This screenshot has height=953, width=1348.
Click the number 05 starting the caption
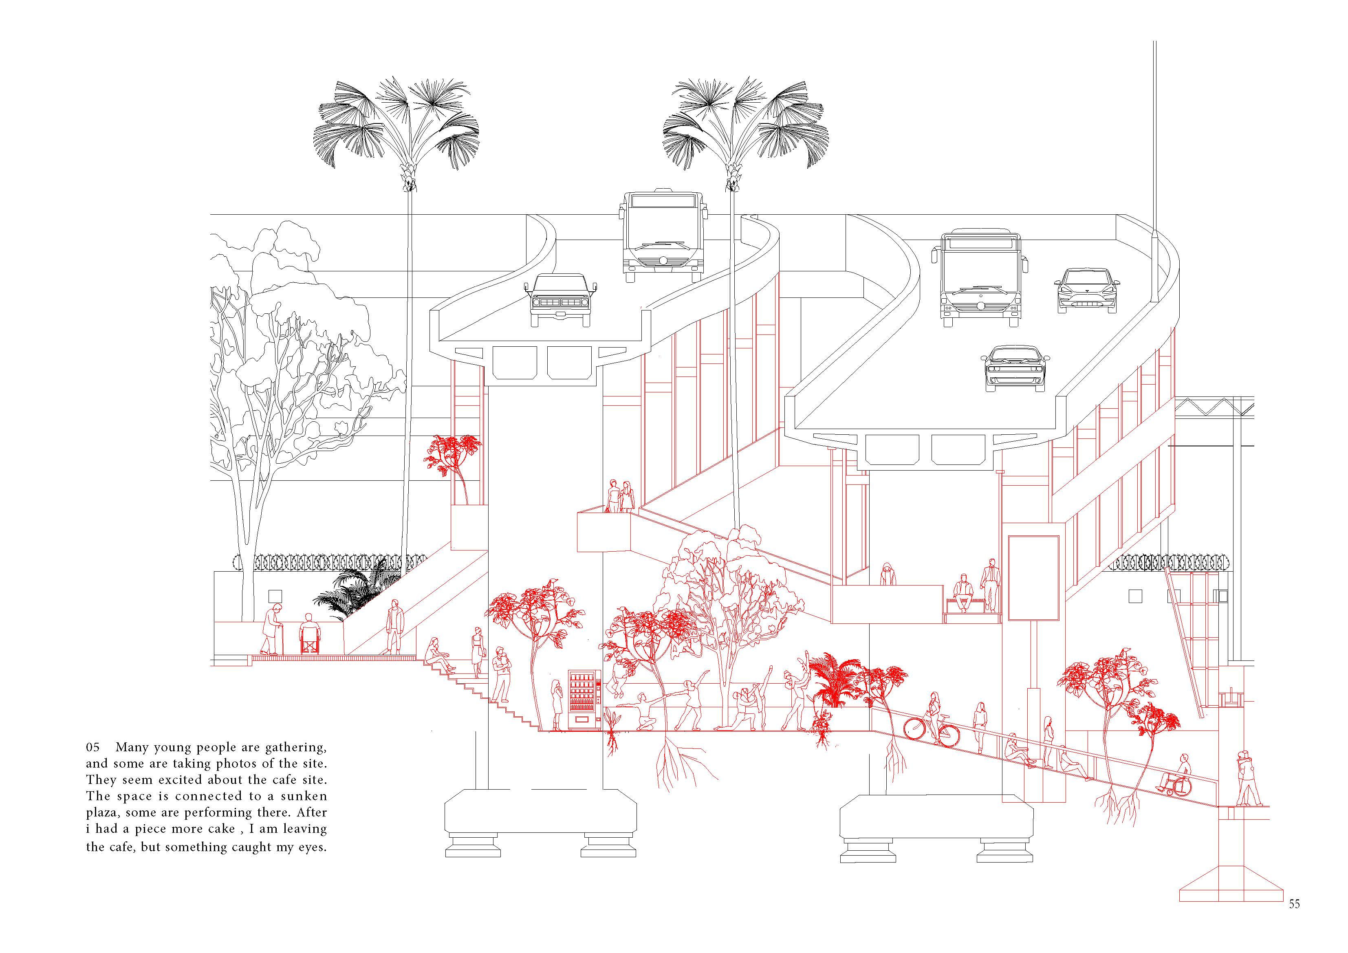click(x=93, y=748)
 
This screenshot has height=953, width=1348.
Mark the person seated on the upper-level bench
click(x=963, y=593)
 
